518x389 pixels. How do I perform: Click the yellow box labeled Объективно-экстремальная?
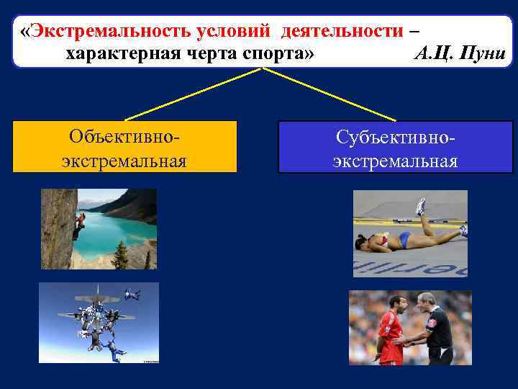[124, 147]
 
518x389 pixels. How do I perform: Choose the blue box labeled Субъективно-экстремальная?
[395, 147]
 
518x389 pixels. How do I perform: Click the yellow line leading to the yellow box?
[194, 94]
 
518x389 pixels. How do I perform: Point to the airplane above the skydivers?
[97, 295]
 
